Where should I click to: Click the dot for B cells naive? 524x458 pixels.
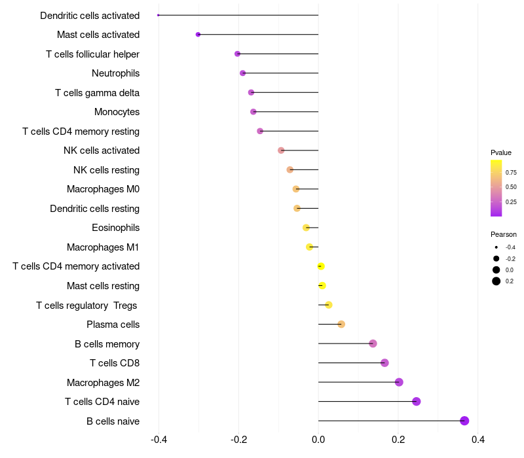click(464, 421)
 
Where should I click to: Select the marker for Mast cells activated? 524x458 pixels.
click(198, 35)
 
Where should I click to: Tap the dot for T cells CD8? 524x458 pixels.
click(384, 363)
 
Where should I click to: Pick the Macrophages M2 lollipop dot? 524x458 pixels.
click(399, 382)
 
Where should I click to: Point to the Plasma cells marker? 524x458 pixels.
click(341, 325)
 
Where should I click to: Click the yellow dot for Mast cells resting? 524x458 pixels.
click(322, 285)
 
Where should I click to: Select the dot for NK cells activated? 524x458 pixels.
click(281, 150)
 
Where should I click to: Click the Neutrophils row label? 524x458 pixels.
click(115, 73)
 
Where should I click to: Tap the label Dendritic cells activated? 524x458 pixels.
click(90, 16)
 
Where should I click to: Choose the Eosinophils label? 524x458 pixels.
click(115, 228)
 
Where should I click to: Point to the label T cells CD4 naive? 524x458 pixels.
click(102, 402)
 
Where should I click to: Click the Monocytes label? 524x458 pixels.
click(117, 112)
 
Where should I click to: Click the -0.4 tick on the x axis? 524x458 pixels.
click(159, 440)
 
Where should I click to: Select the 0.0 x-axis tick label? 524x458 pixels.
click(318, 440)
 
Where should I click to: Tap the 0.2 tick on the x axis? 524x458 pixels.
click(398, 440)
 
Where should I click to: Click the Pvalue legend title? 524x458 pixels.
click(501, 152)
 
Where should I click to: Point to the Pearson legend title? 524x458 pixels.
click(504, 234)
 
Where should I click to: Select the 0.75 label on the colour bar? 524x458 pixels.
click(511, 173)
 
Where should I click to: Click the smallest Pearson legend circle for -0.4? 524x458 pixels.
click(496, 247)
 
